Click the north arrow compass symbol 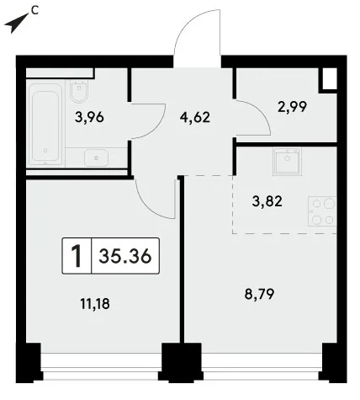(x=16, y=24)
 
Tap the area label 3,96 (x=89, y=117)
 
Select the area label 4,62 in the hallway (x=195, y=117)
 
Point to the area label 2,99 (x=292, y=107)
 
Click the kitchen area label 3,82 (x=267, y=201)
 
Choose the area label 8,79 (x=259, y=294)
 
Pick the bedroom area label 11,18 (x=95, y=304)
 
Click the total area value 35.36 (x=125, y=256)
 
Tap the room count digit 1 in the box (x=77, y=256)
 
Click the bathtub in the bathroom (x=45, y=124)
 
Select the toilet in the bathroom (x=80, y=92)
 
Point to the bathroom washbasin (x=96, y=157)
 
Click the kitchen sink (x=287, y=162)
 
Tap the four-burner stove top (x=322, y=211)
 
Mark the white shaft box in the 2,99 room (x=329, y=79)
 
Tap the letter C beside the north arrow (x=34, y=10)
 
